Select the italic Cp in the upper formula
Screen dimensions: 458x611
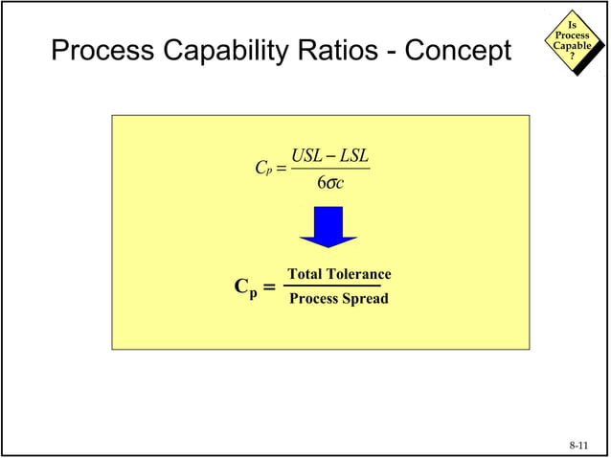(x=261, y=170)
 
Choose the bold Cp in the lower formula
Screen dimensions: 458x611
(x=245, y=287)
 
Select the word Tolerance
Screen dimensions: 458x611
(x=360, y=275)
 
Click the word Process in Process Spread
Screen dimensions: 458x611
(x=315, y=299)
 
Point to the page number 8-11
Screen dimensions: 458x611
(x=579, y=446)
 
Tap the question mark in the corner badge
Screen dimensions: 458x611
(x=573, y=56)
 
